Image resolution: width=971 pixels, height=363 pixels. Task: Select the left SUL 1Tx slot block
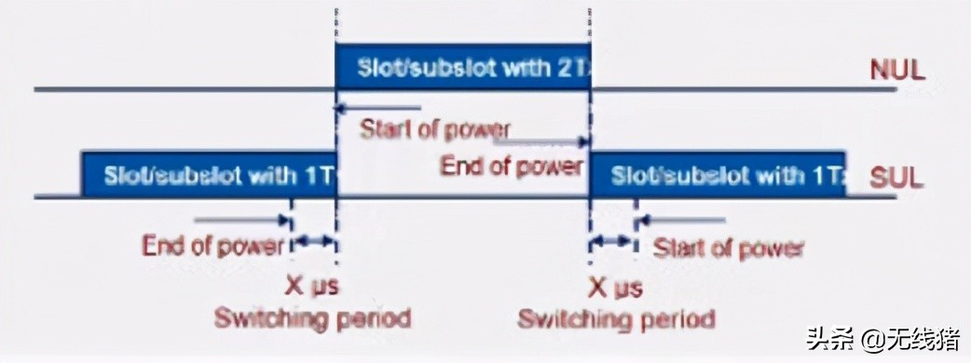(209, 174)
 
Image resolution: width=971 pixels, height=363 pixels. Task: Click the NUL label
(897, 71)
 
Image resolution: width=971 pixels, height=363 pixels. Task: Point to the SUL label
(897, 177)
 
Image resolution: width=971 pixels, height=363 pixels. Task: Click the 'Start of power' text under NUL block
(435, 128)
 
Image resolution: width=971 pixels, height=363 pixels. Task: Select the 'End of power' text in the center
(512, 167)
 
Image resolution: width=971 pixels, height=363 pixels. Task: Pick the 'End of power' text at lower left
(213, 247)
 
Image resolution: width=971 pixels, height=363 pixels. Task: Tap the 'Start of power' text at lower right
(728, 249)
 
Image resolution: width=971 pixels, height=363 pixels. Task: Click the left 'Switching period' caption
(312, 318)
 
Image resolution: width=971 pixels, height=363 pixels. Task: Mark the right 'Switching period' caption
(616, 319)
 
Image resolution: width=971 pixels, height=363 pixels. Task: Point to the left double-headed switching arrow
(314, 241)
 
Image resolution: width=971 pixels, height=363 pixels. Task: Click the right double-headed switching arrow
(611, 241)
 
